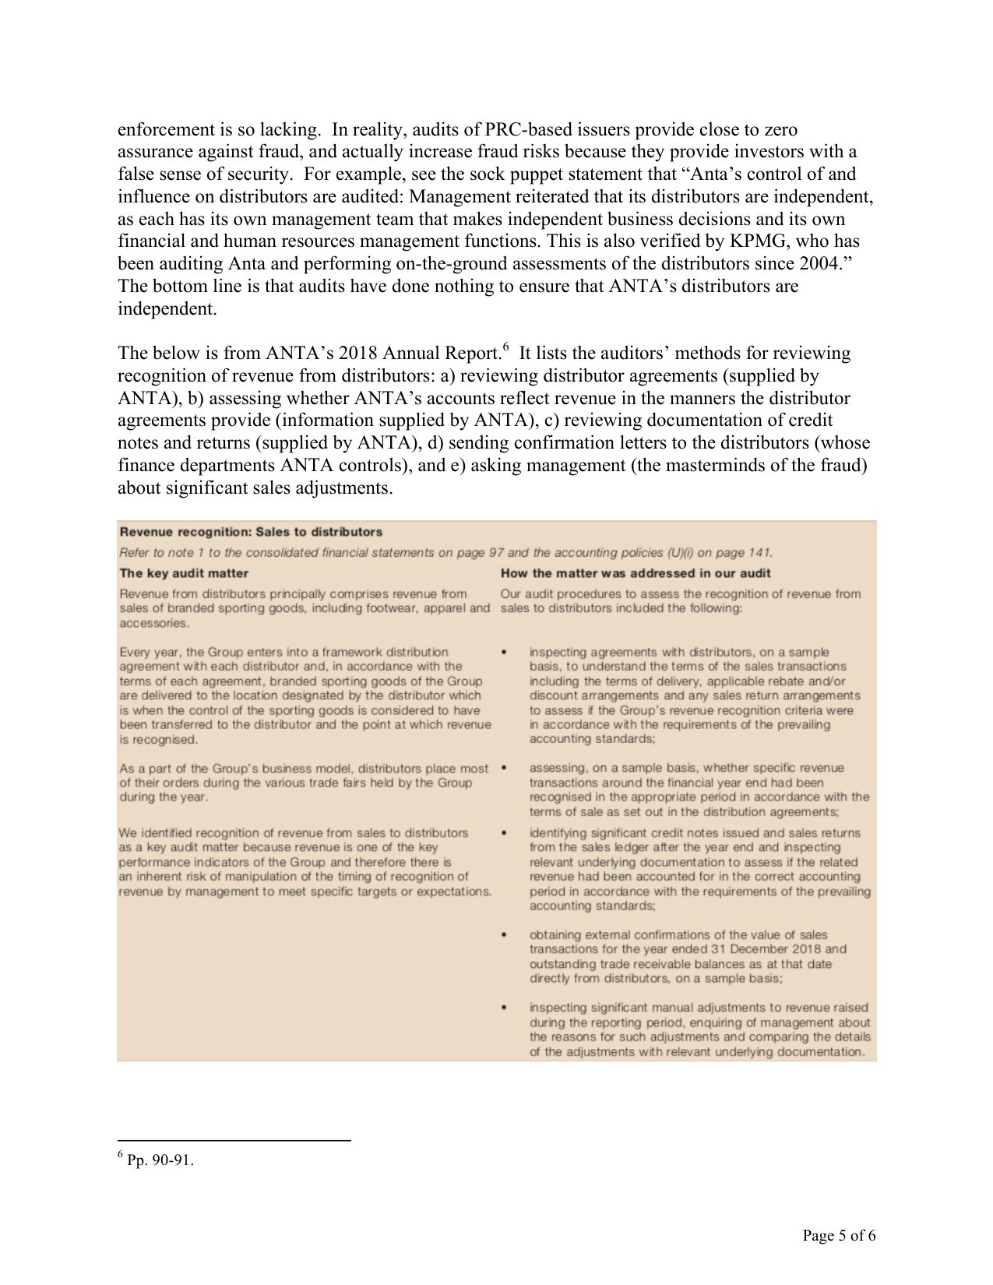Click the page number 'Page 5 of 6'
click(839, 1236)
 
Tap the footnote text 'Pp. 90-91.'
click(160, 1160)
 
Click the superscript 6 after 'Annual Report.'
click(505, 347)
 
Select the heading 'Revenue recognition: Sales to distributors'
click(251, 532)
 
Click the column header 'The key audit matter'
click(184, 573)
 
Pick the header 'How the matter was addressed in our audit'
click(636, 573)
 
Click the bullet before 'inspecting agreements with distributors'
click(505, 652)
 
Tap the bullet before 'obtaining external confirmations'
click(505, 935)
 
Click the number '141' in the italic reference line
click(759, 553)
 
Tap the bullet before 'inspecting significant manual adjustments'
click(505, 1008)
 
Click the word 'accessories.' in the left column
click(154, 623)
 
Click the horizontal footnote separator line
click(234, 1141)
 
